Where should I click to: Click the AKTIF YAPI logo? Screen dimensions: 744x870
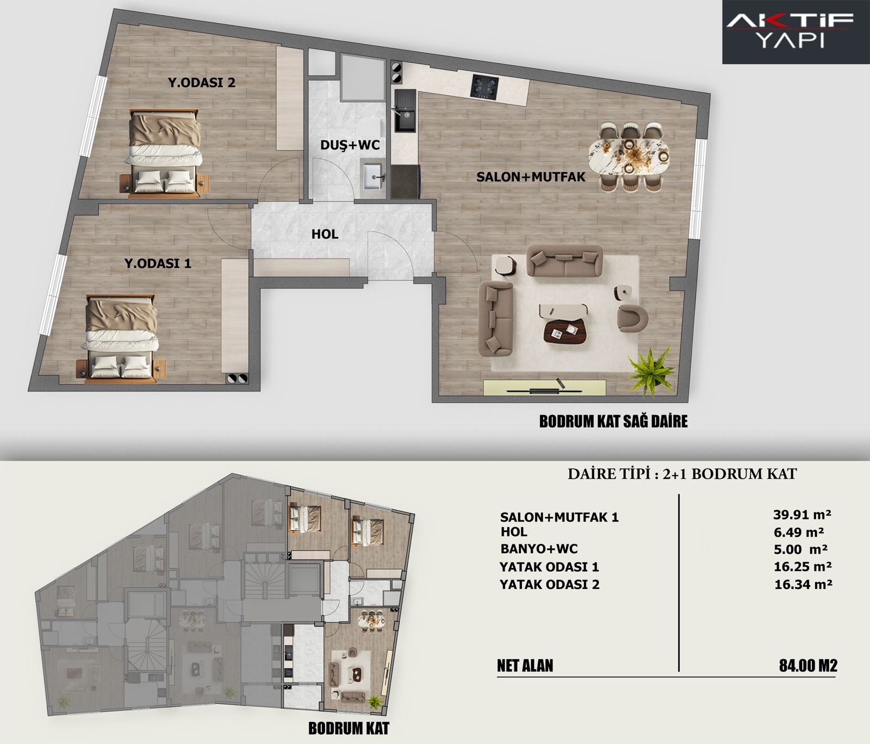pyautogui.click(x=790, y=31)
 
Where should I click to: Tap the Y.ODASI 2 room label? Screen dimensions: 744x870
pyautogui.click(x=201, y=83)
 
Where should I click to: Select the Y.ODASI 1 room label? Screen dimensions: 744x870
pyautogui.click(x=158, y=264)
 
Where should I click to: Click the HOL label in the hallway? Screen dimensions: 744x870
pyautogui.click(x=325, y=234)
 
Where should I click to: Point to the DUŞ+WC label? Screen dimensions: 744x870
pyautogui.click(x=350, y=145)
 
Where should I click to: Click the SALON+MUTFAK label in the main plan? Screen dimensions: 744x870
pyautogui.click(x=531, y=177)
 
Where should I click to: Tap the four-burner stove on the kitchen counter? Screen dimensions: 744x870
pyautogui.click(x=484, y=86)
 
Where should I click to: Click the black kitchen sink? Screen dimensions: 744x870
pyautogui.click(x=405, y=112)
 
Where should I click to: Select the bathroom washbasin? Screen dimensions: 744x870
pyautogui.click(x=374, y=175)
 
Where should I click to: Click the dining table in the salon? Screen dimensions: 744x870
pyautogui.click(x=630, y=156)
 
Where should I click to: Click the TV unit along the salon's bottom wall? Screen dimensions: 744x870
pyautogui.click(x=544, y=388)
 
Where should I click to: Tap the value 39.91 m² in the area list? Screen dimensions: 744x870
pyautogui.click(x=802, y=514)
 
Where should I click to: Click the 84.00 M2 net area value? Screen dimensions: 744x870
pyautogui.click(x=808, y=665)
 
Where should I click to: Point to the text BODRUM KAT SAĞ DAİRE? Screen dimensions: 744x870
pyautogui.click(x=613, y=421)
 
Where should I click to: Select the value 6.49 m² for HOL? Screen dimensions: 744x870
pyautogui.click(x=798, y=532)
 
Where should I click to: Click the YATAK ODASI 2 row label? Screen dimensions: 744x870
pyautogui.click(x=549, y=585)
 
